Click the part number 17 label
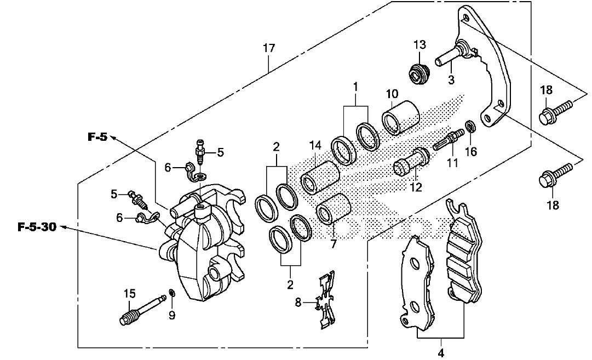pyautogui.click(x=268, y=48)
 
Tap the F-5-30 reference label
pyautogui.click(x=37, y=227)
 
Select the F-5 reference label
pyautogui.click(x=97, y=137)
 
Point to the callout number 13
pyautogui.click(x=419, y=44)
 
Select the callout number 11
pyautogui.click(x=452, y=162)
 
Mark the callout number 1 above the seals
pyautogui.click(x=355, y=86)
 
